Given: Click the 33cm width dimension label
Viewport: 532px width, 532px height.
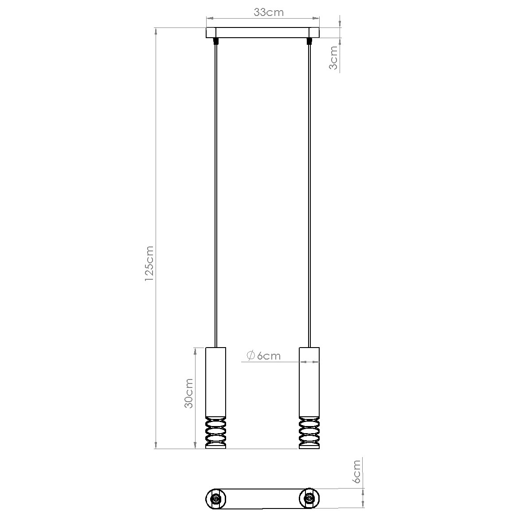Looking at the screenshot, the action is coord(268,12).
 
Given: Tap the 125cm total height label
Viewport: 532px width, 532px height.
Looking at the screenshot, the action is coord(149,263).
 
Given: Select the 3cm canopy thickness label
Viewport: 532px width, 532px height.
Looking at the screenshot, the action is coord(333,58).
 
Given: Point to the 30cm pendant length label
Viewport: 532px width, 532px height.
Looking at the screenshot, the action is coord(189,393).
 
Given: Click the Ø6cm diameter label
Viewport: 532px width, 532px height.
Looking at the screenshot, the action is coord(263,356).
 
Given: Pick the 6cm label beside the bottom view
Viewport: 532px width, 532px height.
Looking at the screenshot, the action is coord(356,472).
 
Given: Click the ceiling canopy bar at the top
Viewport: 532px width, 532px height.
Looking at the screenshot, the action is coord(263,32).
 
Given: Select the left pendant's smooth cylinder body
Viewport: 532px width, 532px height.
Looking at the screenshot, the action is coord(215,382).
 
